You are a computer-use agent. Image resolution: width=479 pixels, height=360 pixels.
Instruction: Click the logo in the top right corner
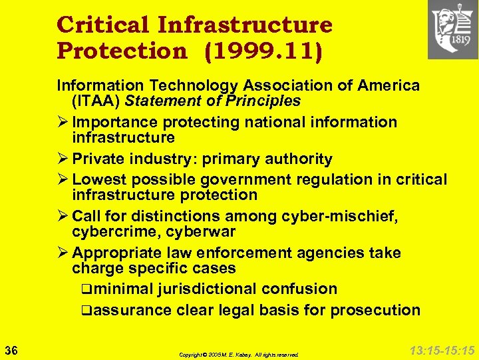click(452, 29)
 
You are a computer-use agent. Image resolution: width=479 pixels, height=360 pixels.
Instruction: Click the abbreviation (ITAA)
click(96, 101)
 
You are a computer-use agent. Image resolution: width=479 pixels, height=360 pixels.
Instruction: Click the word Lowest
click(97, 179)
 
